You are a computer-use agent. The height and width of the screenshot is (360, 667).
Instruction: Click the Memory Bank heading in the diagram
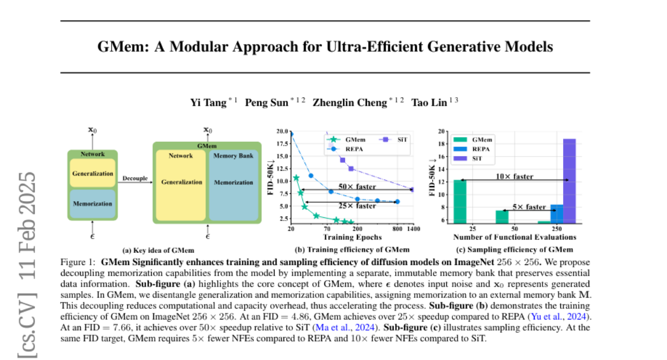tap(233, 156)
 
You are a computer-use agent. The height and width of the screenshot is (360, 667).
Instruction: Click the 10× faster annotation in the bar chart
tap(515, 177)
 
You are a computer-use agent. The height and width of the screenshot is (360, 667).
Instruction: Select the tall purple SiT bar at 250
tap(569, 181)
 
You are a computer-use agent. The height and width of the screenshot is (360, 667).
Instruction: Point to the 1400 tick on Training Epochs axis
tap(412, 229)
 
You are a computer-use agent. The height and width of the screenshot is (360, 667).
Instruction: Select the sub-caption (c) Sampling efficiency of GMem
tap(514, 249)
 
